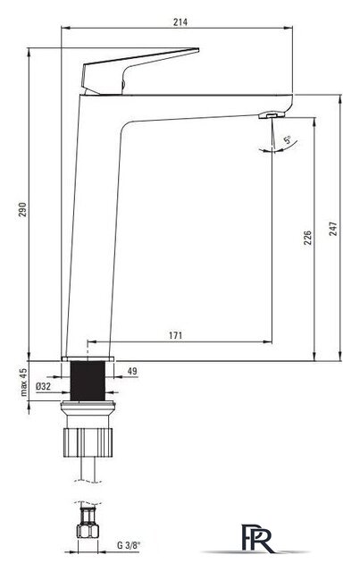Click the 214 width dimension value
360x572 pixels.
pos(180,22)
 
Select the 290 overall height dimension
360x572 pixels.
pos(22,209)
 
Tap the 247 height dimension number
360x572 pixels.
pos(333,229)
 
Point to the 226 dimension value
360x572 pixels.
pos(308,238)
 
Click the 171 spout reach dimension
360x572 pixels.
pos(175,335)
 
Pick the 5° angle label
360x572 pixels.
pos(288,139)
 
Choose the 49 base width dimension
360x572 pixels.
pos(132,371)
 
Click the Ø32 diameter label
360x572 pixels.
pos(44,386)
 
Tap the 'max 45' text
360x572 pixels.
pos(24,382)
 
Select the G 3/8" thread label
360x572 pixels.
pos(129,546)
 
